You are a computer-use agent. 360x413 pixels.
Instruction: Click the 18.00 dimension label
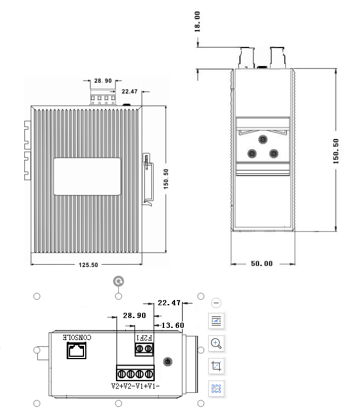tap(197, 21)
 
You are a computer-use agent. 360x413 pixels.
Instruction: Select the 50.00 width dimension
tap(261, 264)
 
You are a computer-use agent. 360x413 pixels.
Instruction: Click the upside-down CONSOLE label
tap(77, 337)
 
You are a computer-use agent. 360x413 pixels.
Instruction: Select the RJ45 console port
tap(76, 350)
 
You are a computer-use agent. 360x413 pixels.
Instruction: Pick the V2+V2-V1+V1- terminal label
tap(136, 386)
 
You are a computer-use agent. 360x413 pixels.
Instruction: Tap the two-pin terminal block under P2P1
tap(144, 349)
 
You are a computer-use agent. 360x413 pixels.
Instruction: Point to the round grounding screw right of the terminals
tap(168, 361)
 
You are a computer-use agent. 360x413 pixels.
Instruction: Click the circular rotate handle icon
tap(119, 282)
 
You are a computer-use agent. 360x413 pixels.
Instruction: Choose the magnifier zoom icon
tap(216, 343)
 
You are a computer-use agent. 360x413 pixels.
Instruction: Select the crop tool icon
tap(216, 366)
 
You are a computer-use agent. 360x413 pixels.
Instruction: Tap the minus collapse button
tap(216, 302)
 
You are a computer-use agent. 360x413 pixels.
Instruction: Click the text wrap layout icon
tap(216, 320)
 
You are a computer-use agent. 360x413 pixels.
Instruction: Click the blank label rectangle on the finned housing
tap(88, 176)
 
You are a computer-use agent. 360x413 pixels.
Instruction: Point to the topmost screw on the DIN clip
tap(263, 140)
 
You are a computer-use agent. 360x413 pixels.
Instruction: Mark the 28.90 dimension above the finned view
tap(103, 81)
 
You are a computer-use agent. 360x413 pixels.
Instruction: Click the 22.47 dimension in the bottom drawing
tap(169, 302)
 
